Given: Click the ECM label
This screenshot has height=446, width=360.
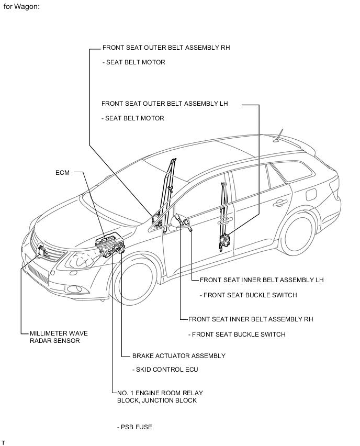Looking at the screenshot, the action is (62, 173).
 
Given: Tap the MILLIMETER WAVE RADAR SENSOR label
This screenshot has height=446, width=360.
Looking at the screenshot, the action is (59, 337).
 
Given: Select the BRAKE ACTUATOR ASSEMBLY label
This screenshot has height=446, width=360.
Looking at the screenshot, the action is (179, 356).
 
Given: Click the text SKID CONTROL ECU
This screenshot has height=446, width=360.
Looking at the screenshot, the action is (165, 370).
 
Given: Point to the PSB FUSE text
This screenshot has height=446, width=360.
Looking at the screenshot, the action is (134, 427).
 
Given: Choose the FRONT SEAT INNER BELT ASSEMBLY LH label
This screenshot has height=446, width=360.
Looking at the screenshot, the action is (262, 280).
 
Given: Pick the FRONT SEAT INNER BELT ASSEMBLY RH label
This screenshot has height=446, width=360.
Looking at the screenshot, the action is (251, 319).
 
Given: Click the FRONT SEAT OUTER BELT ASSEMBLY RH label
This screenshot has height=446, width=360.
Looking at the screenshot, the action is (166, 48).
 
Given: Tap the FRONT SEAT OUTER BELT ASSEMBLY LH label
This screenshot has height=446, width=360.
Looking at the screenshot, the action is (165, 104).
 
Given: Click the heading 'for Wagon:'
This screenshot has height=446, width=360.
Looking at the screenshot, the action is (21, 6).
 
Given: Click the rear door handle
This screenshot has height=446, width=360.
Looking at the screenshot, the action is (280, 203).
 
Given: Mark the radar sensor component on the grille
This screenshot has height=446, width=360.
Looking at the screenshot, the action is (41, 251).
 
